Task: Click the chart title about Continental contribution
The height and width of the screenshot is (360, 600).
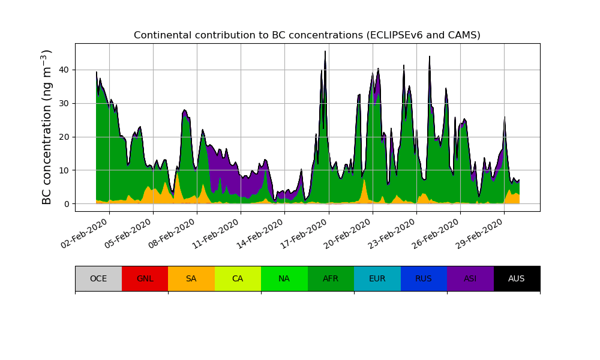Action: (307, 35)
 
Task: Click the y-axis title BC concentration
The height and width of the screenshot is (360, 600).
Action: (47, 127)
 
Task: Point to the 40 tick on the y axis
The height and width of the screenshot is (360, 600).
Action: (64, 70)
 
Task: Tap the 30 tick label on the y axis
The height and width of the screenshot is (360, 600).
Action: (64, 103)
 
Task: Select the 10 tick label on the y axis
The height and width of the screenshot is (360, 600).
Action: (64, 170)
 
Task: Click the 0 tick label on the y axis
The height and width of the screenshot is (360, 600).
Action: (66, 204)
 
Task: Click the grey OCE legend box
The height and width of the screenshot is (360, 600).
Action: (98, 278)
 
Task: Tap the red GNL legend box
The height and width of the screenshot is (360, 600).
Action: (145, 278)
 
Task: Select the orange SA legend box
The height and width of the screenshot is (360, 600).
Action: (191, 278)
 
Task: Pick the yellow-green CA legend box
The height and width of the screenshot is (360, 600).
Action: (238, 278)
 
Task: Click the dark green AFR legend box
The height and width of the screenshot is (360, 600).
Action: (331, 278)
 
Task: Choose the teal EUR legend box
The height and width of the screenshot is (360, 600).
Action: (377, 278)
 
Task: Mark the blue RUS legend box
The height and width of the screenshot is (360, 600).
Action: (424, 278)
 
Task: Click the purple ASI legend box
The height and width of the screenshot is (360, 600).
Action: (470, 278)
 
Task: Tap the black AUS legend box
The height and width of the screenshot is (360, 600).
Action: (517, 278)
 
